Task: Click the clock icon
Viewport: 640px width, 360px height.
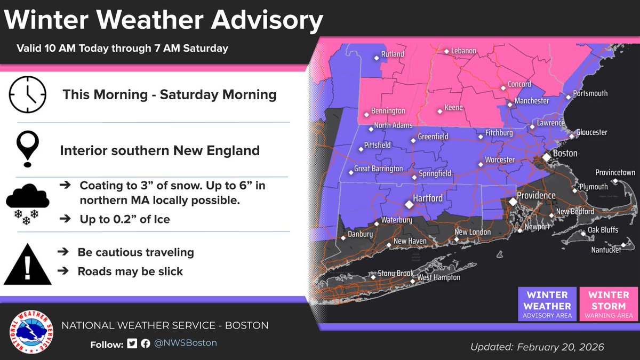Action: (x=27, y=94)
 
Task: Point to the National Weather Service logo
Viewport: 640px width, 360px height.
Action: (x=31, y=332)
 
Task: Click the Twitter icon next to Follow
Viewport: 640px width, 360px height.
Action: (x=132, y=343)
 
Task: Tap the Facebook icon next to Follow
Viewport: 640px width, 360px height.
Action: (x=145, y=343)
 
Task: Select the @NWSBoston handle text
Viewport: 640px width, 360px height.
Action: (x=186, y=343)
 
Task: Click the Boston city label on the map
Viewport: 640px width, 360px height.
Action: (x=565, y=154)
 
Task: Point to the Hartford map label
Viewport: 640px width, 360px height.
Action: (x=428, y=198)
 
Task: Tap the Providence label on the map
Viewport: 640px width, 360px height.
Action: (x=535, y=196)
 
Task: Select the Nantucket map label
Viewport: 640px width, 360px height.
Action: (x=606, y=250)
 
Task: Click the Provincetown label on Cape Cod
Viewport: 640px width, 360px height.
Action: (x=615, y=173)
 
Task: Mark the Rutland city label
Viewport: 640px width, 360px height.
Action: (x=392, y=54)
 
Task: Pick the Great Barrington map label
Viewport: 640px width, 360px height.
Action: (x=379, y=169)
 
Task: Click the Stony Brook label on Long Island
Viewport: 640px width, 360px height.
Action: (x=396, y=274)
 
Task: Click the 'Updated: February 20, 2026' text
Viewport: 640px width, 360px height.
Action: (x=537, y=347)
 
